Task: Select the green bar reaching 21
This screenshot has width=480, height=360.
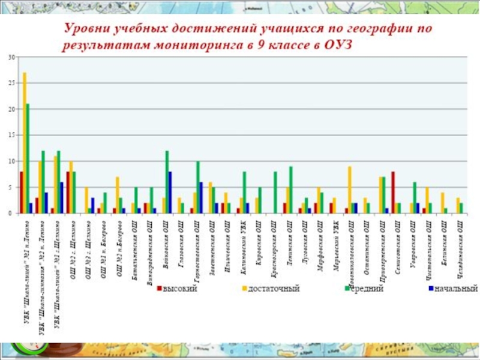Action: click(28, 158)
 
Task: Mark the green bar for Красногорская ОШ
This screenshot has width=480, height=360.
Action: click(275, 193)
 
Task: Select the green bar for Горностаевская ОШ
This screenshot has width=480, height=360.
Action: click(198, 187)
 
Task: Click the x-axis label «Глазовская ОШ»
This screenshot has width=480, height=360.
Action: click(180, 242)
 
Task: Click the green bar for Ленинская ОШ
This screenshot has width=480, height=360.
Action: click(291, 190)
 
